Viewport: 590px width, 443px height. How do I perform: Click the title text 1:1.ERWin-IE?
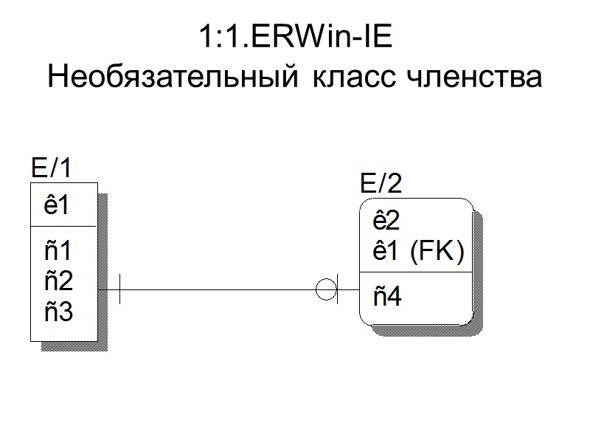click(295, 38)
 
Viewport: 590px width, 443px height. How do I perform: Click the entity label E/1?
click(51, 168)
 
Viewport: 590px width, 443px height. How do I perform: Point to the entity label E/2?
click(381, 182)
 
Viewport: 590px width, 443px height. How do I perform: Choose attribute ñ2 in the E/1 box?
click(58, 281)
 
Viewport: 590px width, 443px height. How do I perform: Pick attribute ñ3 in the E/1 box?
click(58, 312)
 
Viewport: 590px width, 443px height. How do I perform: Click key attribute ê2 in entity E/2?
click(386, 221)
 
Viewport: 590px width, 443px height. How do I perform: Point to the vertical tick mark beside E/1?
click(119, 289)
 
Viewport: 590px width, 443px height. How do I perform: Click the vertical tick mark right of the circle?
click(338, 289)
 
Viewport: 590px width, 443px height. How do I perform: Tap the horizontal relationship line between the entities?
click(221, 289)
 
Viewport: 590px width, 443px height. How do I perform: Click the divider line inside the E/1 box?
click(64, 226)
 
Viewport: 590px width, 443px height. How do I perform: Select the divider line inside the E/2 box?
click(415, 272)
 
